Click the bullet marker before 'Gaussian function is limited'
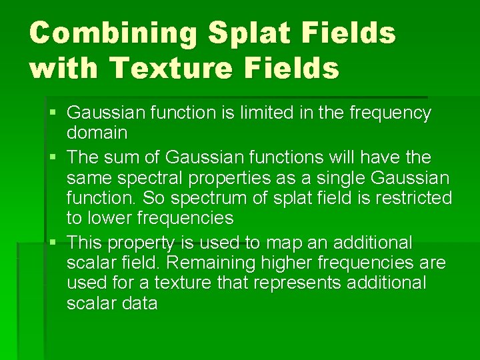coord(53,113)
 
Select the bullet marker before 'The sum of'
coord(53,158)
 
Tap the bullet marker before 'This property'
coord(53,242)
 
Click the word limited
coord(252,113)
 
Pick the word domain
coord(97,133)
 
